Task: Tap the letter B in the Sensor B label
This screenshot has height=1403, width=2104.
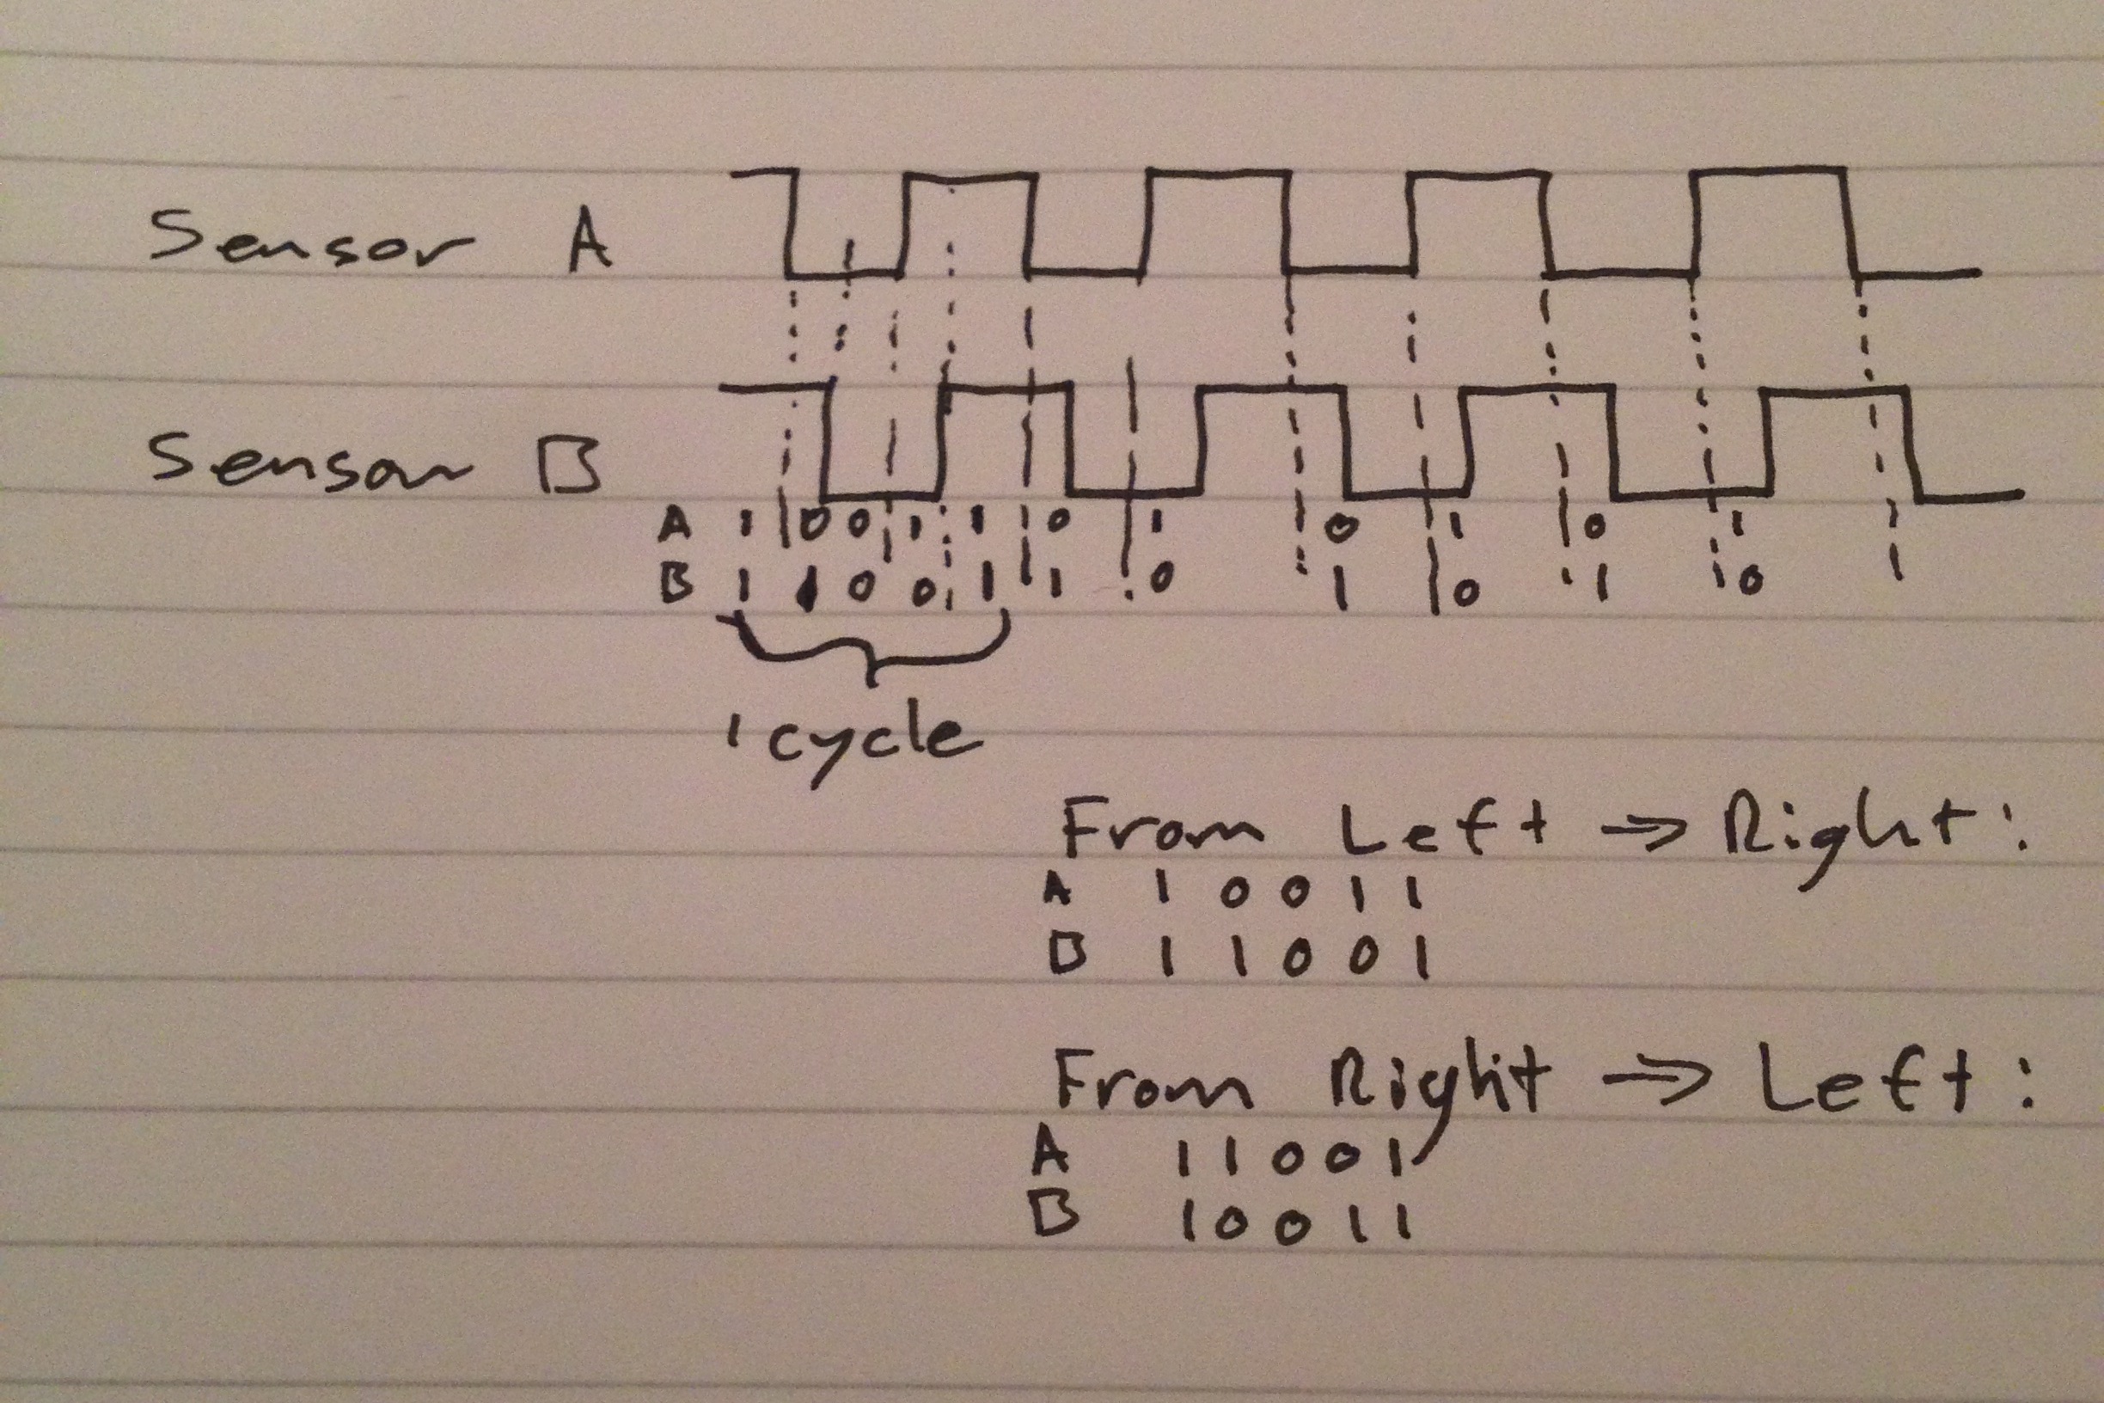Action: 570,466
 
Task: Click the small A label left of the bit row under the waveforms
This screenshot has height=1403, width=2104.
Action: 675,525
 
